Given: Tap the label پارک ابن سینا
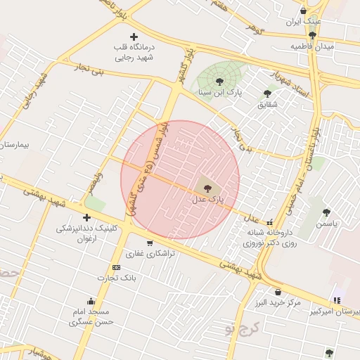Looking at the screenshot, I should pyautogui.click(x=219, y=92).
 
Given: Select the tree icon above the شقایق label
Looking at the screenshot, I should pyautogui.click(x=267, y=93).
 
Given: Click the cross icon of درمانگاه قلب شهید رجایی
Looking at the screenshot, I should pyautogui.click(x=134, y=36).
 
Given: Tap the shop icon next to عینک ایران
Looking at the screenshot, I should pyautogui.click(x=303, y=11).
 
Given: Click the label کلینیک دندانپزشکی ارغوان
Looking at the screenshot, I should pyautogui.click(x=86, y=233).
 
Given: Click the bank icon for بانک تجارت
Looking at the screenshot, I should pyautogui.click(x=116, y=267).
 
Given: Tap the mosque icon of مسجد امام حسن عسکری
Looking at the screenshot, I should pyautogui.click(x=90, y=300).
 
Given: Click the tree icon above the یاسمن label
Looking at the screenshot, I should pyautogui.click(x=326, y=212).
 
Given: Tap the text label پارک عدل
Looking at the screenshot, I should pyautogui.click(x=207, y=200).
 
